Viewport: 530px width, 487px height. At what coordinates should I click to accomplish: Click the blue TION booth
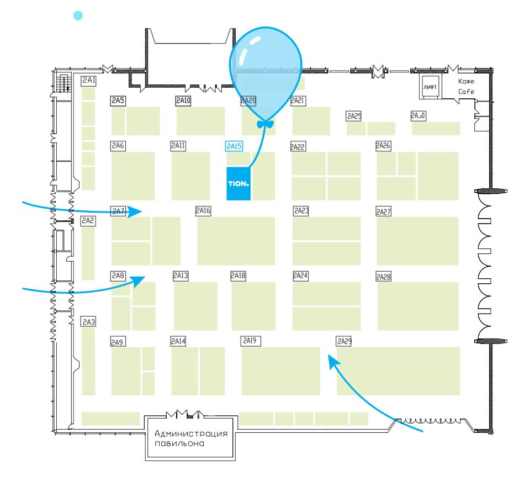point(239,183)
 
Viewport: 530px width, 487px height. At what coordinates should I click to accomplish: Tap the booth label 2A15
point(234,146)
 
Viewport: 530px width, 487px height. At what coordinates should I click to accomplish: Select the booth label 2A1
point(89,81)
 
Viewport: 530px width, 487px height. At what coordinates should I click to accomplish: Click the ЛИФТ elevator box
point(430,87)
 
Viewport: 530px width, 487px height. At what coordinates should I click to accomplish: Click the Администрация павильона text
point(191,438)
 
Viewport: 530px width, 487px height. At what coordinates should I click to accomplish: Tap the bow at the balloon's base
point(266,124)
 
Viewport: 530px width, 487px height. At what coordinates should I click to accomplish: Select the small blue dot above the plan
point(78,16)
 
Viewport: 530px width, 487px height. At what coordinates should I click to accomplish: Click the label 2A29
point(344,341)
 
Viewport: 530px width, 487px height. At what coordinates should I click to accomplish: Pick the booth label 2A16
point(203,210)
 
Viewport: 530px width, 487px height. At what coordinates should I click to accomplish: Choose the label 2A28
point(383,276)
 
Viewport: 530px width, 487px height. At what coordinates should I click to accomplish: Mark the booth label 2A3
point(88,321)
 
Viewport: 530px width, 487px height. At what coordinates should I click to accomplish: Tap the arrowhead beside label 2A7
point(136,211)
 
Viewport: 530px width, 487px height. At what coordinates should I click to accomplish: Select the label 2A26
point(383,146)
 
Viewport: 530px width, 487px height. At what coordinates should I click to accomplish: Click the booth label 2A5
point(118,100)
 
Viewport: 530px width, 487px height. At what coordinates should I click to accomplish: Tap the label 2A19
point(249,341)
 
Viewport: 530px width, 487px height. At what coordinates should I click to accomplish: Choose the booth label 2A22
point(298,146)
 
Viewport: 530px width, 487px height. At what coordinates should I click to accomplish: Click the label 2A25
point(354,116)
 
